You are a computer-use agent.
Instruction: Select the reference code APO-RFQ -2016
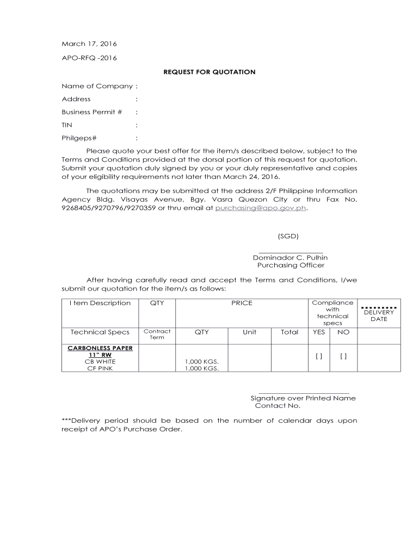(89, 58)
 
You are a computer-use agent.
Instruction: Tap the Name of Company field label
(97, 86)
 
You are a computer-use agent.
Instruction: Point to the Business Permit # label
(92, 112)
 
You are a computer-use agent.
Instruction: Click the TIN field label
(67, 125)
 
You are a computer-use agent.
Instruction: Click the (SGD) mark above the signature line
(288, 236)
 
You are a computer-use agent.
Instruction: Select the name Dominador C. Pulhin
(290, 257)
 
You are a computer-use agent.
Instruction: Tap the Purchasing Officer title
(291, 265)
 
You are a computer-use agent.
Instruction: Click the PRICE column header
(242, 303)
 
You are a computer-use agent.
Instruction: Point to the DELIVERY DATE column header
(379, 315)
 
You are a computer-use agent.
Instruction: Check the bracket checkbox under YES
(319, 356)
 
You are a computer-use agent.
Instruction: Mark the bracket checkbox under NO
(343, 356)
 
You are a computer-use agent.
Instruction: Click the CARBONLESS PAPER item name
(100, 348)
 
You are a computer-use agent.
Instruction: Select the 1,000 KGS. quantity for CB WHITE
(202, 361)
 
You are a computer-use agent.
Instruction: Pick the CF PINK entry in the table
(100, 368)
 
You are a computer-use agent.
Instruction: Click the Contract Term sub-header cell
(157, 334)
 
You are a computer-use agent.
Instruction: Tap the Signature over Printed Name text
(303, 398)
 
